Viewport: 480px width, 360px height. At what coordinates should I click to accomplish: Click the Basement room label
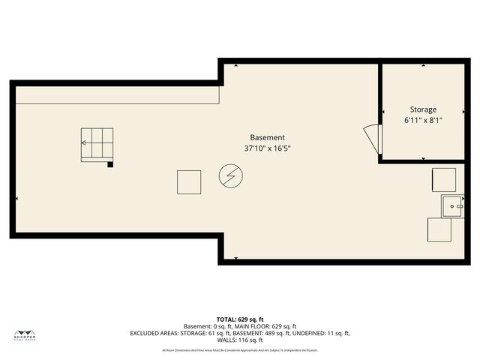click(x=267, y=137)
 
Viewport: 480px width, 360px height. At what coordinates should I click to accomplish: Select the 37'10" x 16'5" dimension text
click(x=267, y=148)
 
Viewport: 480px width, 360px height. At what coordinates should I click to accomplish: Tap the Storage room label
click(x=423, y=109)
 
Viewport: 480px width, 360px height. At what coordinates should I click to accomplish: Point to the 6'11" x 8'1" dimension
click(x=423, y=120)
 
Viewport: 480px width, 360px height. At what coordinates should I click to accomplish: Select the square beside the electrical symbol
click(x=189, y=182)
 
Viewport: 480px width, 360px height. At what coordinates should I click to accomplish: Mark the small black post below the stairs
click(x=110, y=164)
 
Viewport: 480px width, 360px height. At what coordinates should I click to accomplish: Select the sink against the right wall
click(x=453, y=204)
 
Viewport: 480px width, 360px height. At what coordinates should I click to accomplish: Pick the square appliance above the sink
click(x=444, y=180)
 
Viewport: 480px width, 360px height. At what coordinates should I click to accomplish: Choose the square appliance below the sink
click(x=439, y=229)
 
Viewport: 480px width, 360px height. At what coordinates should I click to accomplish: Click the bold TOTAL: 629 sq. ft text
click(x=240, y=319)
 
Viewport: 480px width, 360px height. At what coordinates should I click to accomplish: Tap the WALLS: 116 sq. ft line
click(x=240, y=340)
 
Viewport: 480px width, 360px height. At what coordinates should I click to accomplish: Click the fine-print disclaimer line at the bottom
click(x=240, y=350)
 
